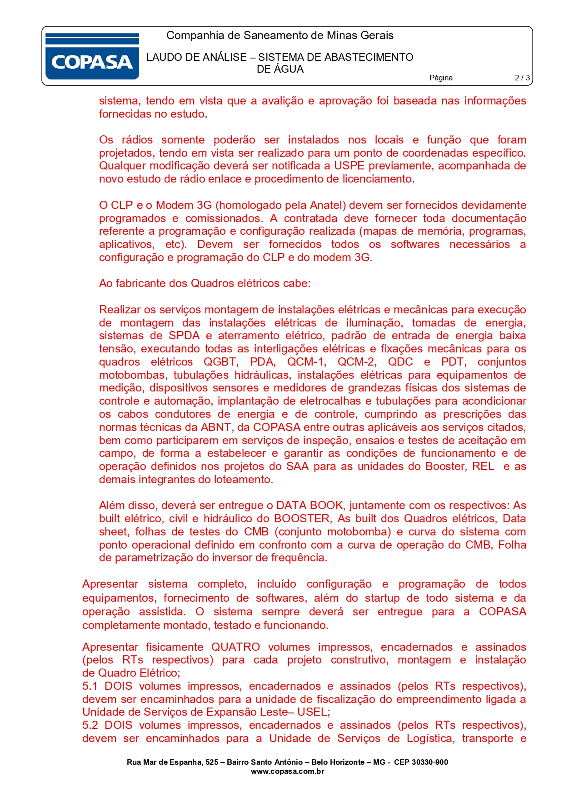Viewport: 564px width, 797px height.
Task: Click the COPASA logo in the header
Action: pyautogui.click(x=92, y=57)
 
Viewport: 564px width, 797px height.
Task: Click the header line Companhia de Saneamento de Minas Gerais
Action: pyautogui.click(x=280, y=35)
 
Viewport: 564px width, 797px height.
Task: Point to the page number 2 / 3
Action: pyautogui.click(x=522, y=78)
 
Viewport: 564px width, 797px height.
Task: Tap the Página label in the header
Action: pyautogui.click(x=441, y=78)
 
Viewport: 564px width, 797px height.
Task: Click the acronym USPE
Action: pyautogui.click(x=349, y=166)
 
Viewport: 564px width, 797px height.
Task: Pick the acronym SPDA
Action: pyautogui.click(x=184, y=336)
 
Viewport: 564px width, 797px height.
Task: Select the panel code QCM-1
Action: pyautogui.click(x=307, y=362)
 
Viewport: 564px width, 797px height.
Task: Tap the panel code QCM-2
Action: pyautogui.click(x=357, y=362)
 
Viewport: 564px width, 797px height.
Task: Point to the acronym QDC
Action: pyautogui.click(x=400, y=362)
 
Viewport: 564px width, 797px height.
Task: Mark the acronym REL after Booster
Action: pyautogui.click(x=483, y=466)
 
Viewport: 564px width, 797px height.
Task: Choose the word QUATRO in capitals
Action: pyautogui.click(x=235, y=647)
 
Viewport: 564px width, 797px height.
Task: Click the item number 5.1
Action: pyautogui.click(x=90, y=686)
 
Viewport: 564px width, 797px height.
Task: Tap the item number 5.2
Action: pyautogui.click(x=90, y=725)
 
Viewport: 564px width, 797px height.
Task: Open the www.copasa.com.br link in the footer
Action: pyautogui.click(x=287, y=771)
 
